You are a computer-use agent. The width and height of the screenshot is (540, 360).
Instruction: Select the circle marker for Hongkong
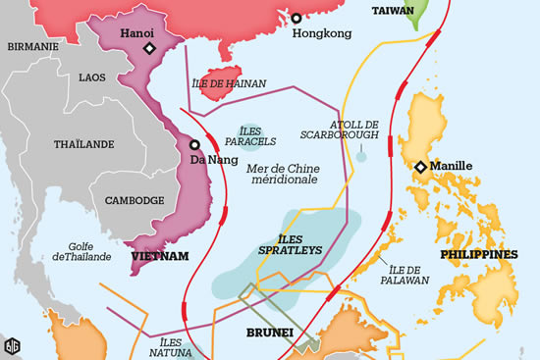(x=296, y=17)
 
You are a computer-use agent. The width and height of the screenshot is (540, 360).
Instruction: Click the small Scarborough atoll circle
(x=361, y=156)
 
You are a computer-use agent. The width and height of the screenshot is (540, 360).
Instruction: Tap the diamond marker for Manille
(x=420, y=167)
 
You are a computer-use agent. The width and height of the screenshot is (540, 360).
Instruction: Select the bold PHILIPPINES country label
(x=478, y=254)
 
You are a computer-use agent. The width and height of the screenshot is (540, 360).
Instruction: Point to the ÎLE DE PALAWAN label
(x=409, y=274)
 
